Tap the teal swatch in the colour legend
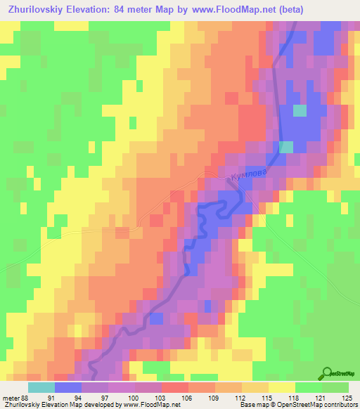pos(41,387)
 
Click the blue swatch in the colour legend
pos(68,387)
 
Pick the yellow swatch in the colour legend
pos(281,387)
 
